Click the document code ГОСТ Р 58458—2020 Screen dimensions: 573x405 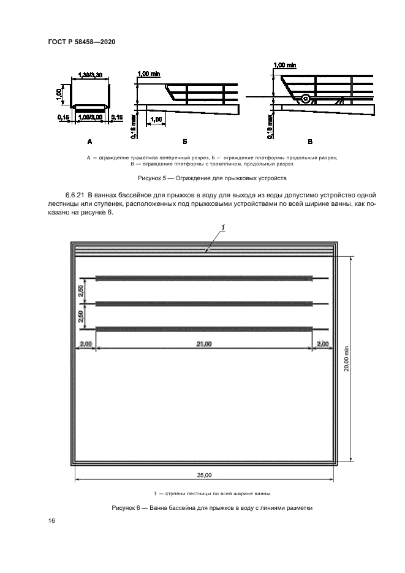click(x=81, y=42)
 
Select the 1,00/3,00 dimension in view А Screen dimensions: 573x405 click(x=90, y=116)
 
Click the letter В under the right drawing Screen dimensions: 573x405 click(x=309, y=142)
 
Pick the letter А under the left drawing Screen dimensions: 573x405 click(x=89, y=142)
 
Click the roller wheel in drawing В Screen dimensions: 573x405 click(x=305, y=98)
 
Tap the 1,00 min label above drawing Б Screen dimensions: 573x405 click(x=149, y=74)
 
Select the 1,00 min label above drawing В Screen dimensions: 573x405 click(x=285, y=64)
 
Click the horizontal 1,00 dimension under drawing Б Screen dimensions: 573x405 click(x=156, y=119)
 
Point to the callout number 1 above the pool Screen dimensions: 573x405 click(x=224, y=228)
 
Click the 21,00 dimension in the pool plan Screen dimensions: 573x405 click(x=204, y=344)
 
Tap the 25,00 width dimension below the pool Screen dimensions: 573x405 click(x=204, y=475)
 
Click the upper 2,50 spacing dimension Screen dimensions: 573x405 click(x=81, y=291)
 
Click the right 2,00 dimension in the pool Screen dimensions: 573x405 click(x=322, y=344)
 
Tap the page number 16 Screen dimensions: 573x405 click(x=52, y=520)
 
